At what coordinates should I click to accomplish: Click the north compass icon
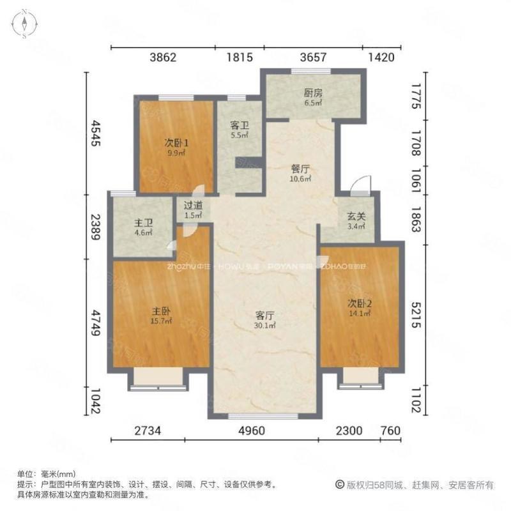24,24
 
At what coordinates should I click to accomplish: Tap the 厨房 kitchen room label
313,93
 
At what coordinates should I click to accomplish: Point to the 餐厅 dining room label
300,169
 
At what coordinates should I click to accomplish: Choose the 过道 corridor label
193,206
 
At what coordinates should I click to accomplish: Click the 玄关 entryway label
356,217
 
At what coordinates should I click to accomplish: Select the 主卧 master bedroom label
160,311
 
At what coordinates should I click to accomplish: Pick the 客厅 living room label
264,316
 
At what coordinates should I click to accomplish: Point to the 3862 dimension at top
162,58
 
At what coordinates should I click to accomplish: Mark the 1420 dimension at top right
382,58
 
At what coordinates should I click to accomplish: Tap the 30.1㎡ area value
264,325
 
